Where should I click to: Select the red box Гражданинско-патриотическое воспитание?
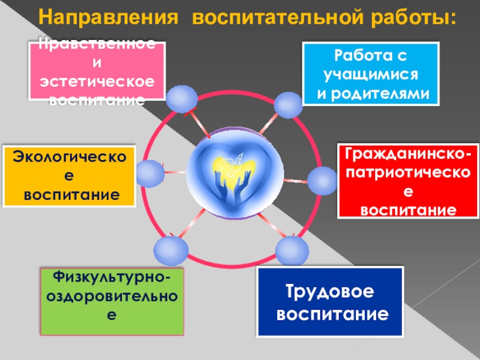click(x=407, y=180)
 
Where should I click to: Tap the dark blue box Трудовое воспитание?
click(x=329, y=302)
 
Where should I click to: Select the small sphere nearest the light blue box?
click(x=289, y=104)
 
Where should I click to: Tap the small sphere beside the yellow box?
click(x=148, y=173)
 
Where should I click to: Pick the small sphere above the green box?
click(x=170, y=250)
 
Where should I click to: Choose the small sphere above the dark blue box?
click(x=292, y=251)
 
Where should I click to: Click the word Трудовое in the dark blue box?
click(x=329, y=292)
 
